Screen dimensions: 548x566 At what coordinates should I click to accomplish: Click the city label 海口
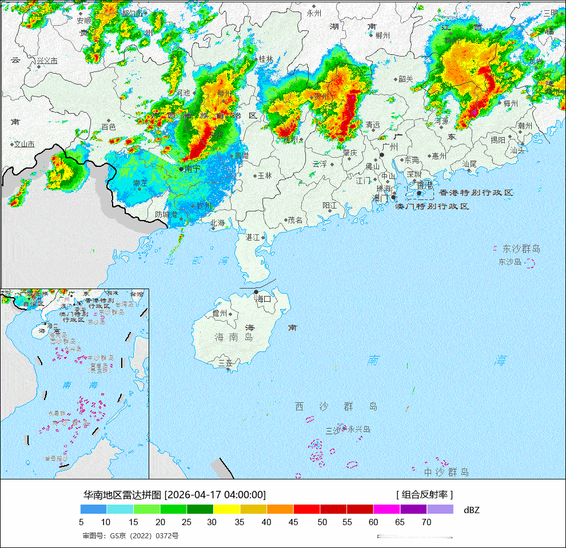pos(264,299)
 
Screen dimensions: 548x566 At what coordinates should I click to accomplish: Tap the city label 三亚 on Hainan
pos(225,363)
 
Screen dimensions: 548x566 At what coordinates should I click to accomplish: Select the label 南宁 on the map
pos(193,169)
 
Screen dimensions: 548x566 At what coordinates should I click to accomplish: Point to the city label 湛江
pos(252,237)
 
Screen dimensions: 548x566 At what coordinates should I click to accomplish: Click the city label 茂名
pos(295,220)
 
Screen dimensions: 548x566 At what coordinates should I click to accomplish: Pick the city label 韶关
pos(405,79)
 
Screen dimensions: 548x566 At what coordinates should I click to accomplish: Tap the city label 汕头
pos(517,150)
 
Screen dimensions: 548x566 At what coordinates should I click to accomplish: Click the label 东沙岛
pos(510,262)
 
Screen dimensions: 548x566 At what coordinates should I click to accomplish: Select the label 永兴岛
pos(359,429)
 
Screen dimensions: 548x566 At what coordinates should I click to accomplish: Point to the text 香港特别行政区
pos(476,193)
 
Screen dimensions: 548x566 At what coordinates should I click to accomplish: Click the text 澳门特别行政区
pos(432,206)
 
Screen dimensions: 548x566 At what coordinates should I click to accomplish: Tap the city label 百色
pos(108,127)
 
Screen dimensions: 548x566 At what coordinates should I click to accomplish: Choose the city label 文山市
pos(25,145)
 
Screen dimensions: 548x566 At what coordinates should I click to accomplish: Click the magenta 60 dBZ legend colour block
pos(386,509)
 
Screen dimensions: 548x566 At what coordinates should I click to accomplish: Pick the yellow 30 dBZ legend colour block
pos(226,509)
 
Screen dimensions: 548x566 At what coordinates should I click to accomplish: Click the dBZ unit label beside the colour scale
pos(472,510)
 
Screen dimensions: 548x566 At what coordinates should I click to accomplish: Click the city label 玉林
pos(265,176)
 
